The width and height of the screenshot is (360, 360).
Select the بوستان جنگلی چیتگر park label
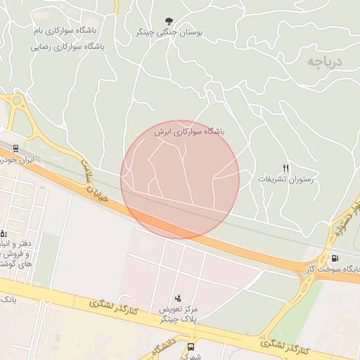point(168,33)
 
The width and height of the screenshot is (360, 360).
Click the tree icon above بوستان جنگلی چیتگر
point(167,22)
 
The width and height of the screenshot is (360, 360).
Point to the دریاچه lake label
point(323,62)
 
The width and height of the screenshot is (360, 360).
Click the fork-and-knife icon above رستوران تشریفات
point(285,168)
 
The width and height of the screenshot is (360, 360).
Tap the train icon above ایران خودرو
point(15,148)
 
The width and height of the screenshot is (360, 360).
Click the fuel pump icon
point(332,258)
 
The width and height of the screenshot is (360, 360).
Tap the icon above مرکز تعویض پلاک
point(177,299)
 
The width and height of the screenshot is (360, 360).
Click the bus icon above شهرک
point(191,347)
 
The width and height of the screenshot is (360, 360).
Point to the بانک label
point(8,300)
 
